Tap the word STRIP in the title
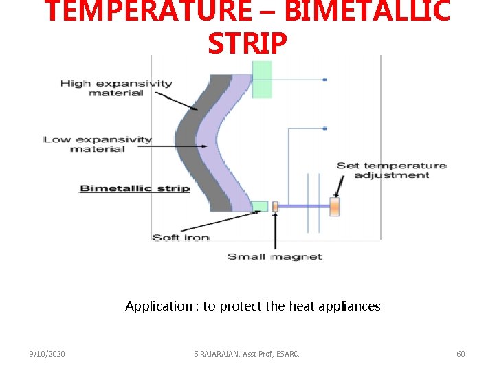247,43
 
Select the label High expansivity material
116,88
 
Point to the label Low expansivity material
98,144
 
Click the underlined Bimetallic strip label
135,188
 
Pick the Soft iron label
181,238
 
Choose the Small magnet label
274,256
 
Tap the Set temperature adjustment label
391,170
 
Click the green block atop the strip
262,79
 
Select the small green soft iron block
259,206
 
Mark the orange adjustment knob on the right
335,206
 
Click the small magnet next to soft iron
275,206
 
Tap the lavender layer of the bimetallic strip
221,137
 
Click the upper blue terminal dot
324,80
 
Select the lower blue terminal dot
324,128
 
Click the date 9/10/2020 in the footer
47,354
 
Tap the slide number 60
461,354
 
